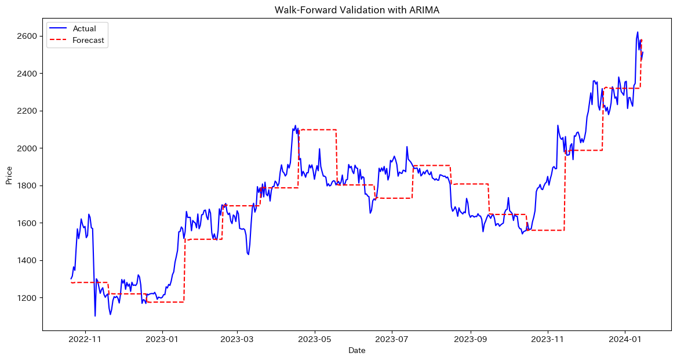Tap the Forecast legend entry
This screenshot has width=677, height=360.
[x=89, y=41]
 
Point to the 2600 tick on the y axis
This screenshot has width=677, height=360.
[x=28, y=37]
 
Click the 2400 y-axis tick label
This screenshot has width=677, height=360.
[x=28, y=74]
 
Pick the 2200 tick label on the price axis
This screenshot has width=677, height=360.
[x=28, y=111]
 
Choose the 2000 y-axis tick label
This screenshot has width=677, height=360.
[x=28, y=148]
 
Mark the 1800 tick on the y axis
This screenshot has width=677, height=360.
[x=28, y=186]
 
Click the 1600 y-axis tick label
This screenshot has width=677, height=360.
[x=28, y=223]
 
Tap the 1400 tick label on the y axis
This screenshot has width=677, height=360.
[x=28, y=260]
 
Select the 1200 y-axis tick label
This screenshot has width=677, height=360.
[x=28, y=298]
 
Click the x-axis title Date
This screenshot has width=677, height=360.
[x=357, y=351]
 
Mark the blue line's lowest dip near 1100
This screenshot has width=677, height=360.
[x=95, y=316]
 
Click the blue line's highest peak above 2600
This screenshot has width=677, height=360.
[x=638, y=32]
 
